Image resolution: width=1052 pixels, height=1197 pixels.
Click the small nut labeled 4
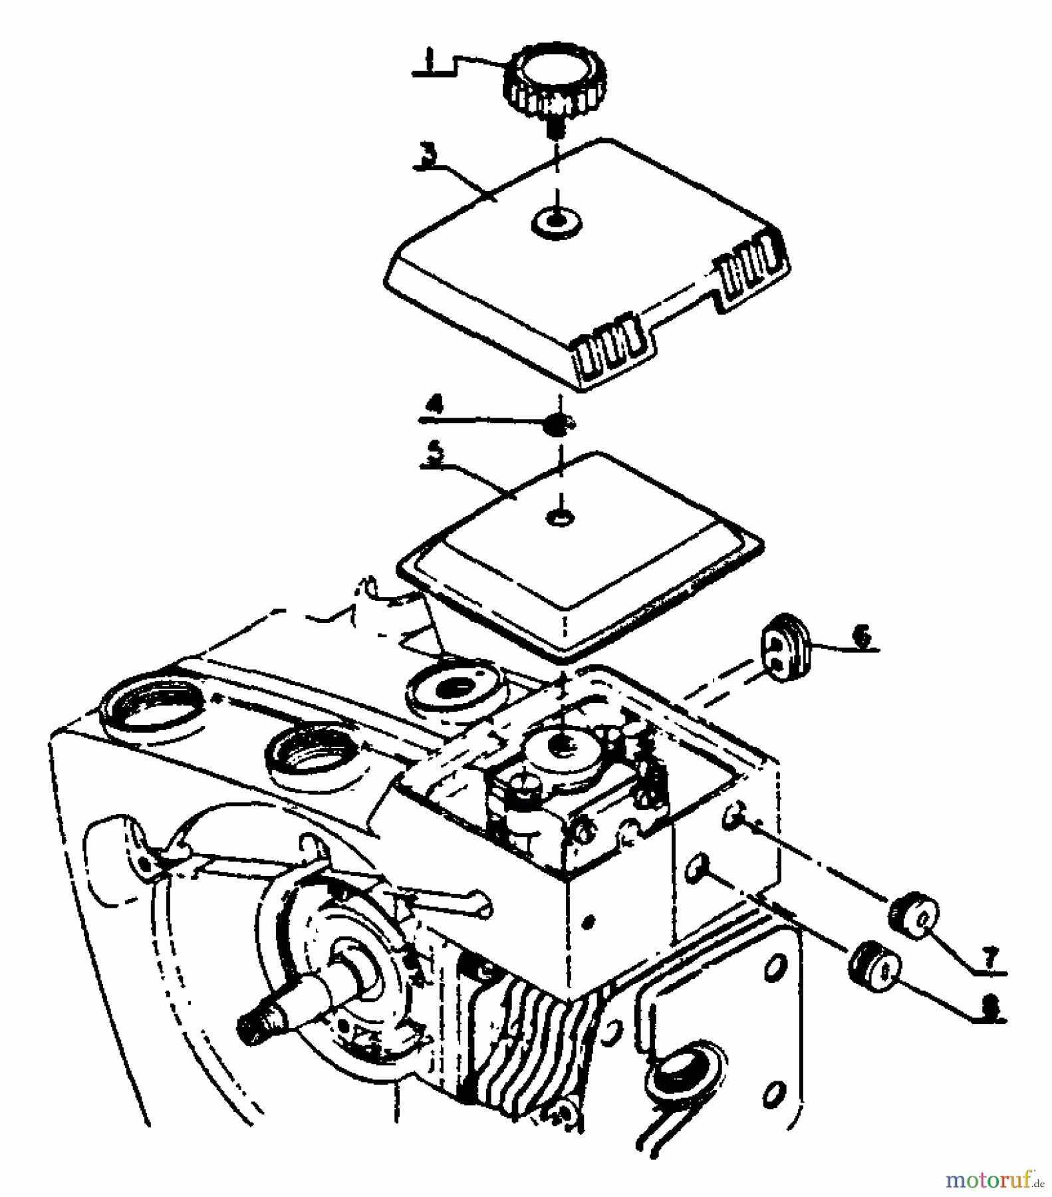(x=558, y=424)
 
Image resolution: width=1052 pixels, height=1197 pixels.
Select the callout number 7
(x=990, y=958)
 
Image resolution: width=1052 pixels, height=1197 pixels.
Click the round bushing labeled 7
(x=913, y=916)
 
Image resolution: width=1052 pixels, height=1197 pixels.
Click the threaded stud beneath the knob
(x=555, y=126)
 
